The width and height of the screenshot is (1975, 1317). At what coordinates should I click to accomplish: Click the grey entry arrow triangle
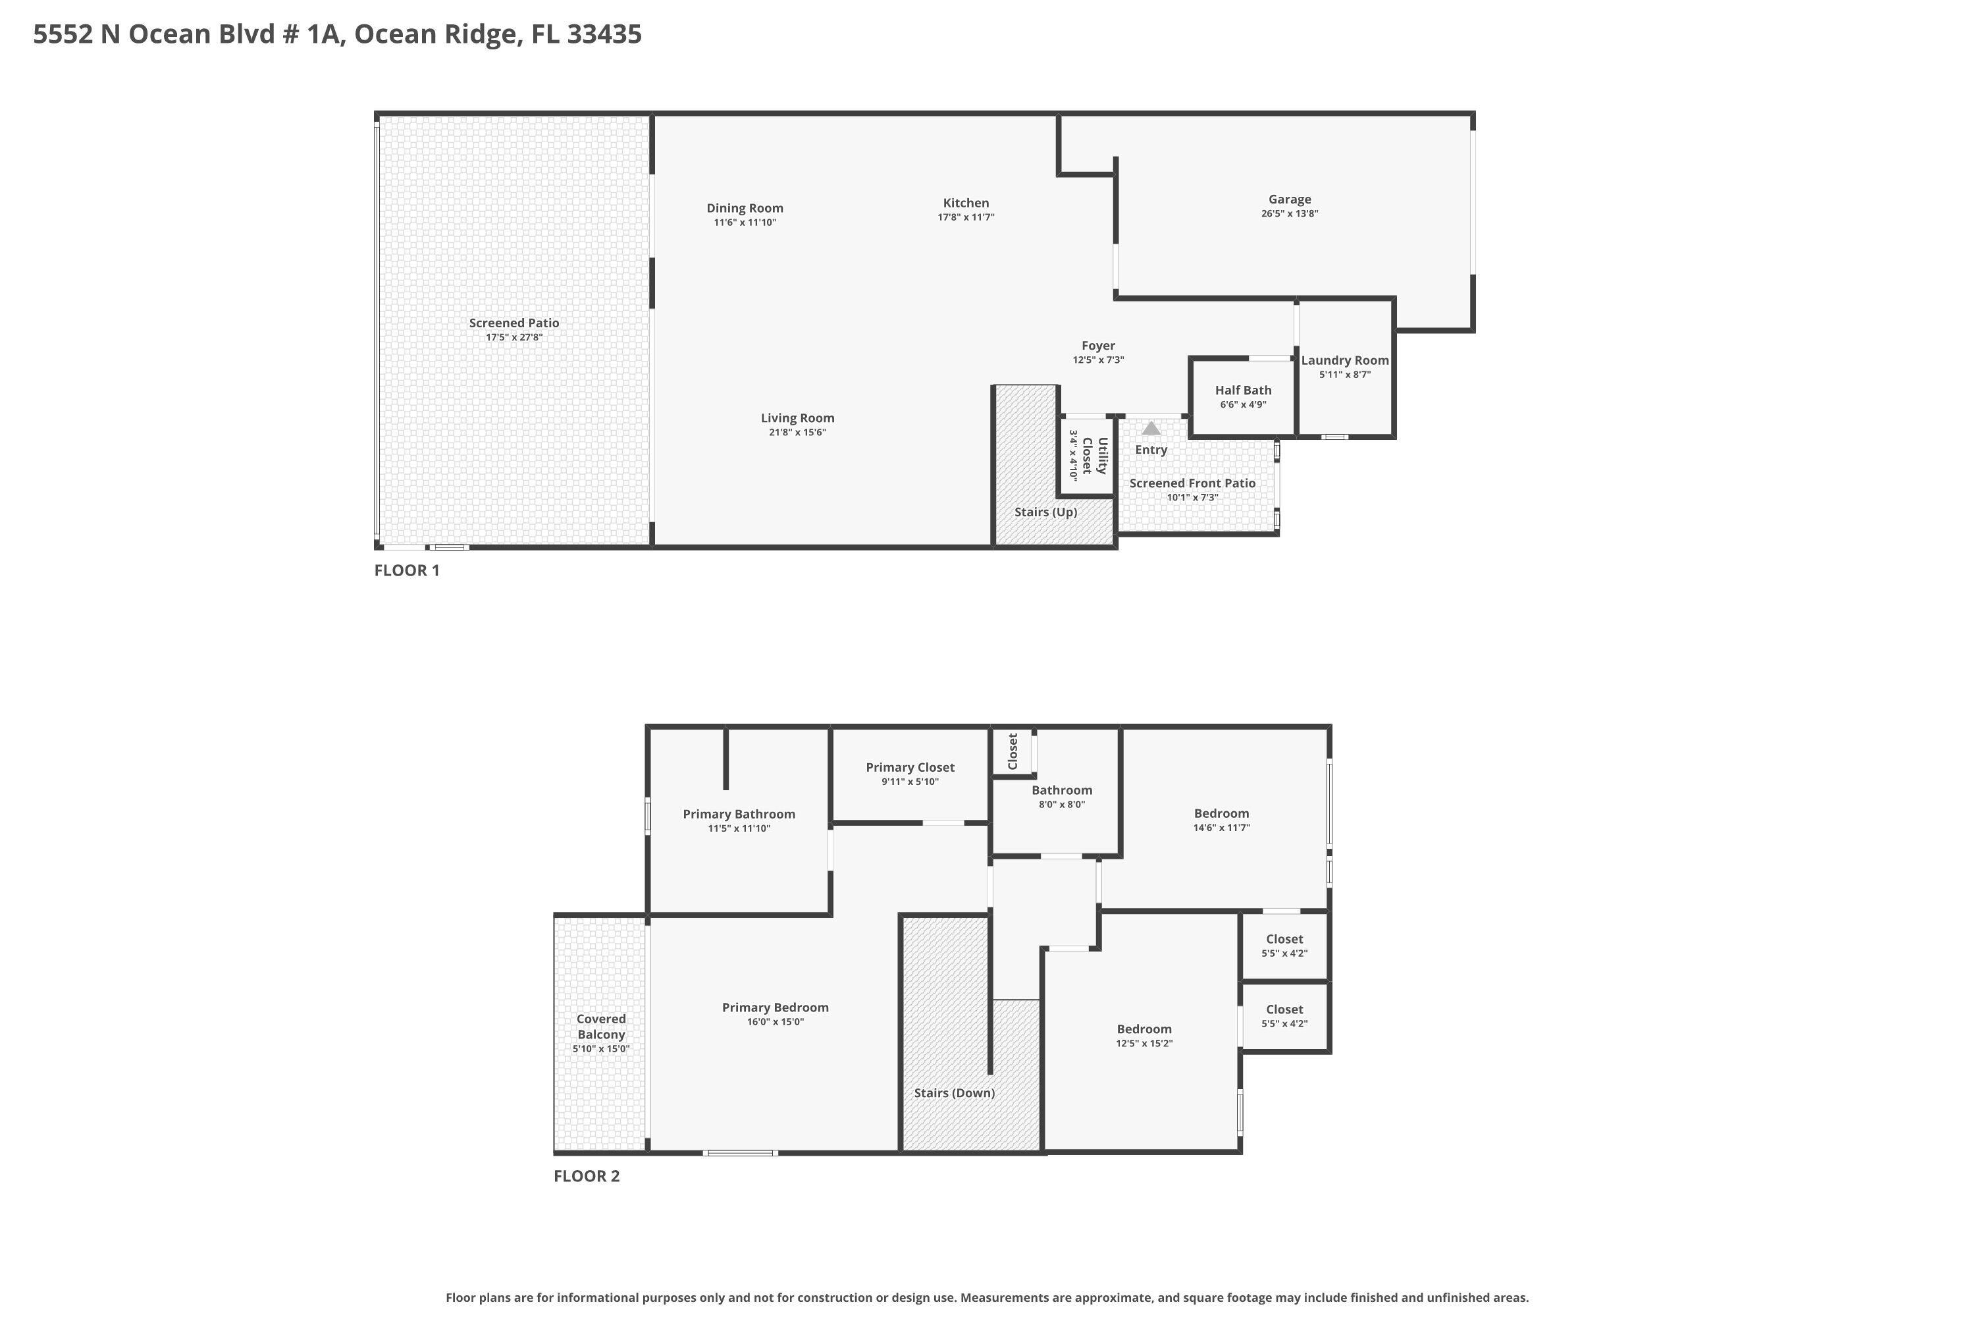pyautogui.click(x=1151, y=429)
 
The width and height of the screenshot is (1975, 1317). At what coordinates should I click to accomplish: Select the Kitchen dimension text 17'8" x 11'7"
pyautogui.click(x=966, y=217)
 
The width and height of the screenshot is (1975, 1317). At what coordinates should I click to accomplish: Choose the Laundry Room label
pyautogui.click(x=1344, y=360)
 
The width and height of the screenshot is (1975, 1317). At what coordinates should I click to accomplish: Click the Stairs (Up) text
pyautogui.click(x=1045, y=512)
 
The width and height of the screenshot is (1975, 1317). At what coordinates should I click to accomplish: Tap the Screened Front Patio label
pyautogui.click(x=1192, y=483)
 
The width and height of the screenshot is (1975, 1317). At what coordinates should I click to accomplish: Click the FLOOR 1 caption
pyautogui.click(x=406, y=570)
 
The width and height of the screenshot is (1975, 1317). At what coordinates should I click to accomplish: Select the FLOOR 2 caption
pyautogui.click(x=586, y=1176)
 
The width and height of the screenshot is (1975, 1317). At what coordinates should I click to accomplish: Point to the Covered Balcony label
pyautogui.click(x=600, y=1027)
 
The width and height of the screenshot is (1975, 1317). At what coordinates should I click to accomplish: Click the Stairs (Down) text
pyautogui.click(x=954, y=1092)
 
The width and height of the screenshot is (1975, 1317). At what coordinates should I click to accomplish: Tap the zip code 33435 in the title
pyautogui.click(x=604, y=34)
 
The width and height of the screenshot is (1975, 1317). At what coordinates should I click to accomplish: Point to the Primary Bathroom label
pyautogui.click(x=738, y=814)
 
